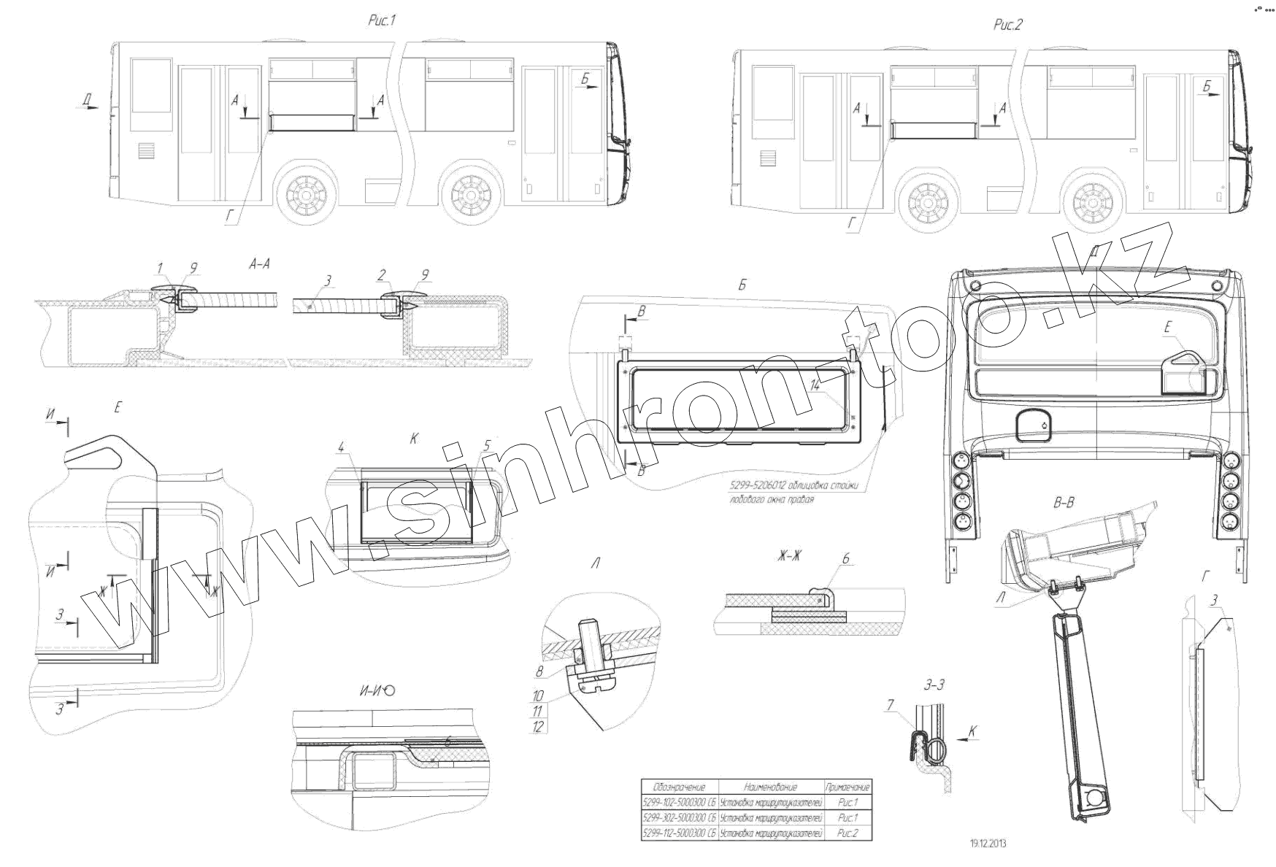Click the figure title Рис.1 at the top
[381, 22]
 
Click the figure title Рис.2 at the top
[1008, 25]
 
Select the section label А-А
[259, 265]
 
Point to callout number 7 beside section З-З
[890, 706]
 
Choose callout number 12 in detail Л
[539, 727]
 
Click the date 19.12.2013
[988, 844]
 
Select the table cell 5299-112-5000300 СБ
[679, 833]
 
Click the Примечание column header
[848, 787]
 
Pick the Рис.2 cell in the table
[848, 833]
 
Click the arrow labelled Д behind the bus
[88, 107]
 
